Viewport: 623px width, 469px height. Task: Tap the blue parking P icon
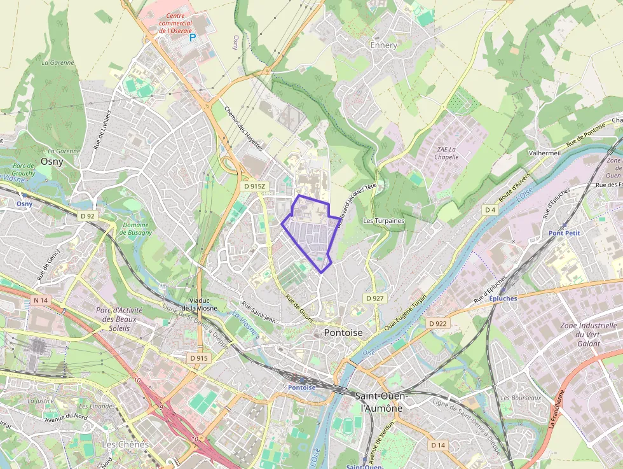[x=193, y=38]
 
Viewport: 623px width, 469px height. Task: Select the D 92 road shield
[x=88, y=216]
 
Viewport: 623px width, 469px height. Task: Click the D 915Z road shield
[x=254, y=186]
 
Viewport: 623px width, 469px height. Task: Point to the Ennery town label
[x=383, y=45]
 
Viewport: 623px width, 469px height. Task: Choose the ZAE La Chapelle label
[x=447, y=153]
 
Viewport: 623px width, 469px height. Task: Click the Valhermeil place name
[x=545, y=153]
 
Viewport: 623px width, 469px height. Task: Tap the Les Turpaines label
[x=383, y=221]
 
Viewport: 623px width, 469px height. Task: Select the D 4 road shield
[x=489, y=209]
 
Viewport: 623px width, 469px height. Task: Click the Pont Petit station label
[x=564, y=234]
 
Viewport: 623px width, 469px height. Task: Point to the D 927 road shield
[x=374, y=298]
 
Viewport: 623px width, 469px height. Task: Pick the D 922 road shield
[x=437, y=323]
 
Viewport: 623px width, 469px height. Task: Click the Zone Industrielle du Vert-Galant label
[x=588, y=335]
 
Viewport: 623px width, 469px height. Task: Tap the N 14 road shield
[x=41, y=300]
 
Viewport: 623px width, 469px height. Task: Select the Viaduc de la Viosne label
[x=199, y=304]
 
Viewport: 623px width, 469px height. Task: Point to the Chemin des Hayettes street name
[x=243, y=127]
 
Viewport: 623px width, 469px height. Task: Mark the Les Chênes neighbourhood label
[x=125, y=444]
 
